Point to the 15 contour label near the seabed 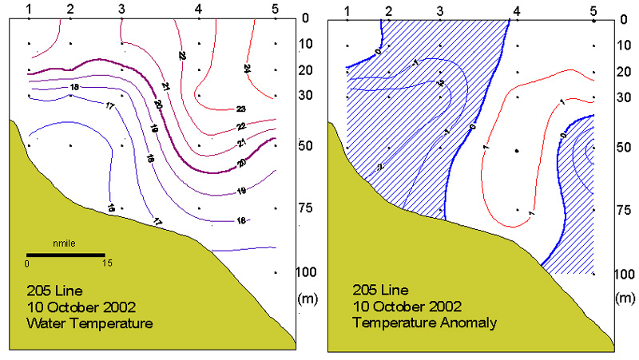click(110, 208)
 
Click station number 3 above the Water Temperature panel click(122, 9)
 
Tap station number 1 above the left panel click(29, 9)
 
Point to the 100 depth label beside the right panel click(624, 274)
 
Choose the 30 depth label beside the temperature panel click(305, 97)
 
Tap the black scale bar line click(65, 255)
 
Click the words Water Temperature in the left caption click(89, 323)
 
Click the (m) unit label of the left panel click(305, 299)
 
